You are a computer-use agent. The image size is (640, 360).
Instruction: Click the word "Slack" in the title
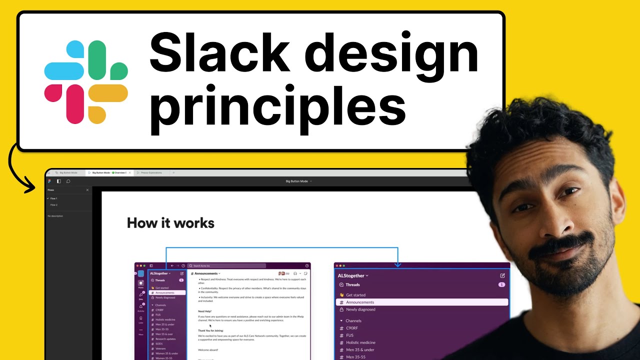218,52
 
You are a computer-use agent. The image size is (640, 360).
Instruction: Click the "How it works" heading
170,223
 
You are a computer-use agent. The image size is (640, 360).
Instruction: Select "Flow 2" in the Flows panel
54,205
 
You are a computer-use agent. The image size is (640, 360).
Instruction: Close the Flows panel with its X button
87,190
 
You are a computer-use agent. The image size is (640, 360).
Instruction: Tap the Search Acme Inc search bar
227,266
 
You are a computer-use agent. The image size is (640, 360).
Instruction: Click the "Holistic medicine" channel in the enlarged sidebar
360,342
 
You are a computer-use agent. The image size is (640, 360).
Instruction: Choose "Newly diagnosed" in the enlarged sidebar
360,309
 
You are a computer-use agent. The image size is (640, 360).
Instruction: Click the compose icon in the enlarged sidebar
502,275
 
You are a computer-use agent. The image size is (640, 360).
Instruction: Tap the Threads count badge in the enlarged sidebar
501,284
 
